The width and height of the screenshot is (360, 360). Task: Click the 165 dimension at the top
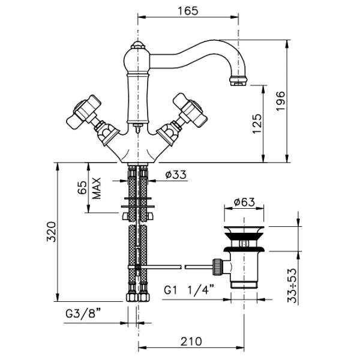coord(188,11)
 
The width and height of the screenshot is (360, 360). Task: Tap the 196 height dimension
coord(280,101)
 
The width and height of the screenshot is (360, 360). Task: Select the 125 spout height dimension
coord(257,123)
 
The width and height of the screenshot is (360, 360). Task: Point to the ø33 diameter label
coord(176,175)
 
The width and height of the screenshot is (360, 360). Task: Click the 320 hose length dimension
coord(51,232)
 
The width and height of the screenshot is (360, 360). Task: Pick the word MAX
coord(97,188)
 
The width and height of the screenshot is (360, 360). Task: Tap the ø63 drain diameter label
coord(244,202)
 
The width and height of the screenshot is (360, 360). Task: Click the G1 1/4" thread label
coord(189,290)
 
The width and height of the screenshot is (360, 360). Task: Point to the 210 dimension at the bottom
coord(191,341)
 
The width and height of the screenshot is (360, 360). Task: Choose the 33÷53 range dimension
coord(292,286)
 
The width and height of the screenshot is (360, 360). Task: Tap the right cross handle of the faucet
coord(190,110)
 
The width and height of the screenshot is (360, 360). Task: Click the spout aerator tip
coord(239,82)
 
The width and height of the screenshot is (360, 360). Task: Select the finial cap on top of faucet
coord(137,44)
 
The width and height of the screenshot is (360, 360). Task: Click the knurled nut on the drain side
coord(217,266)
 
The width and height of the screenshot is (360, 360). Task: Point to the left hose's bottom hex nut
coord(132,298)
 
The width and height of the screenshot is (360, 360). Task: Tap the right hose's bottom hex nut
coord(144,298)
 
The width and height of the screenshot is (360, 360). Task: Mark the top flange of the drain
coord(244,229)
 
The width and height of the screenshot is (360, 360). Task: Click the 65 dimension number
coord(82,188)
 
